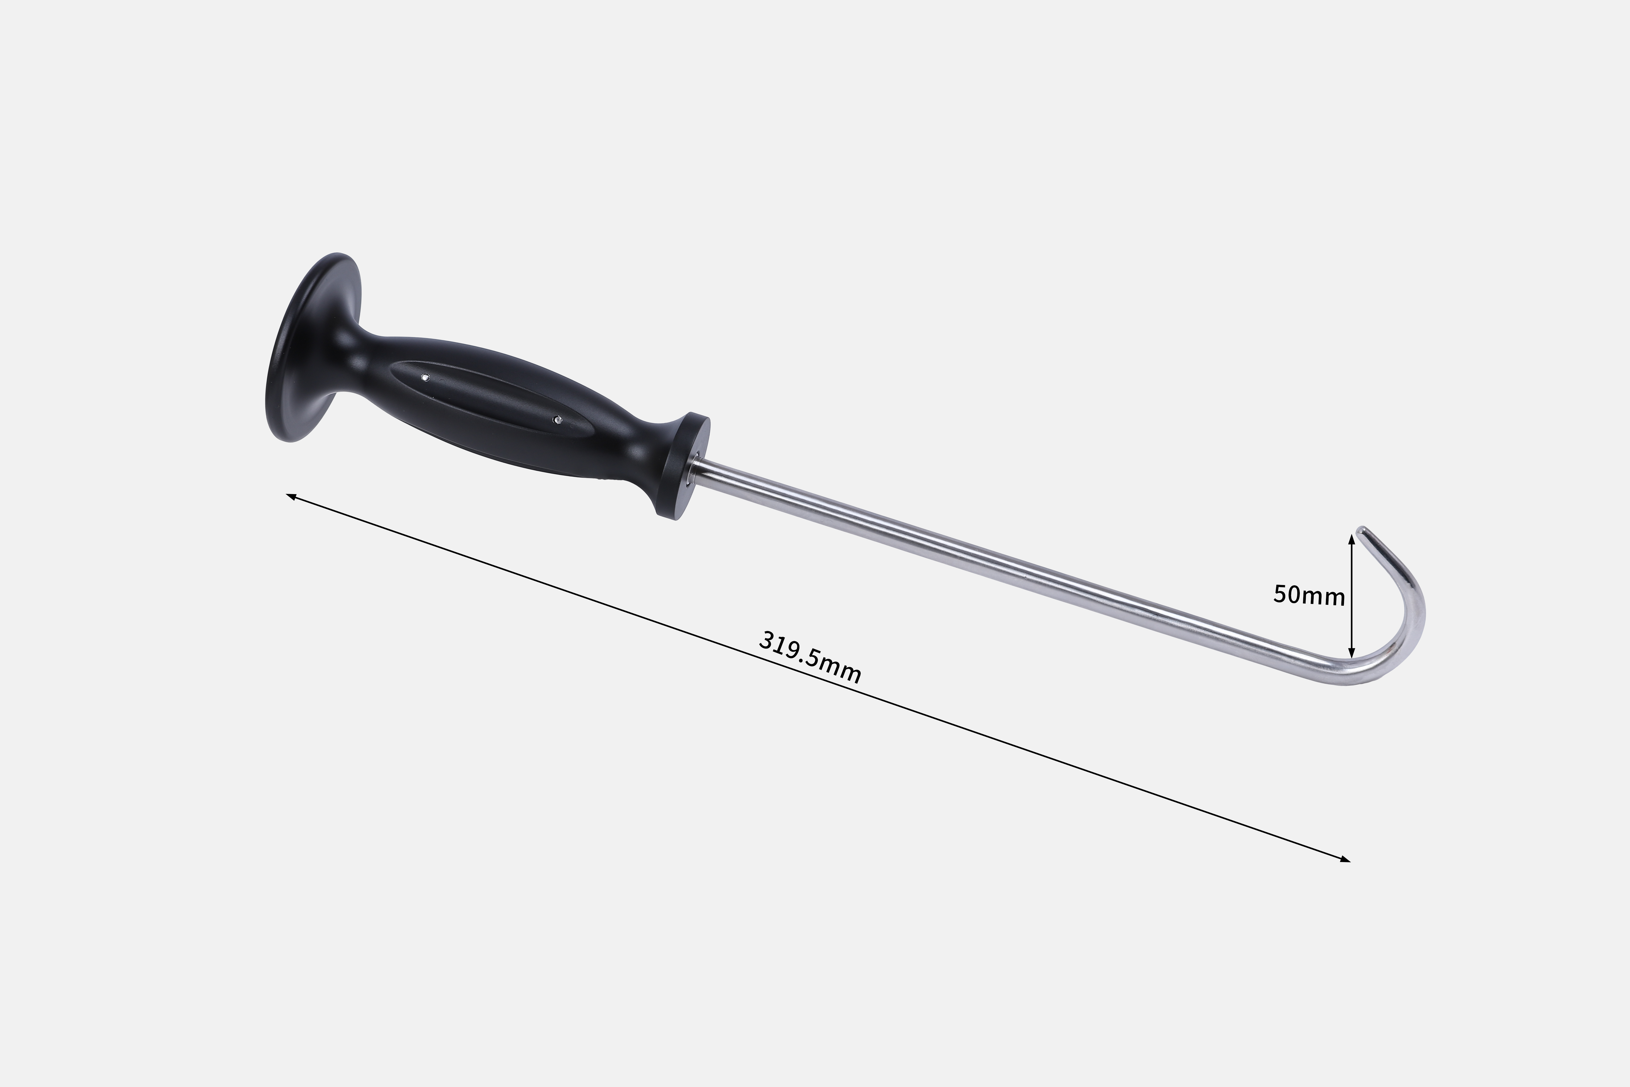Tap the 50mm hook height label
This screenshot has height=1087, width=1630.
1308,595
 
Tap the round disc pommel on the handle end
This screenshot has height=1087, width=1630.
312,347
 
